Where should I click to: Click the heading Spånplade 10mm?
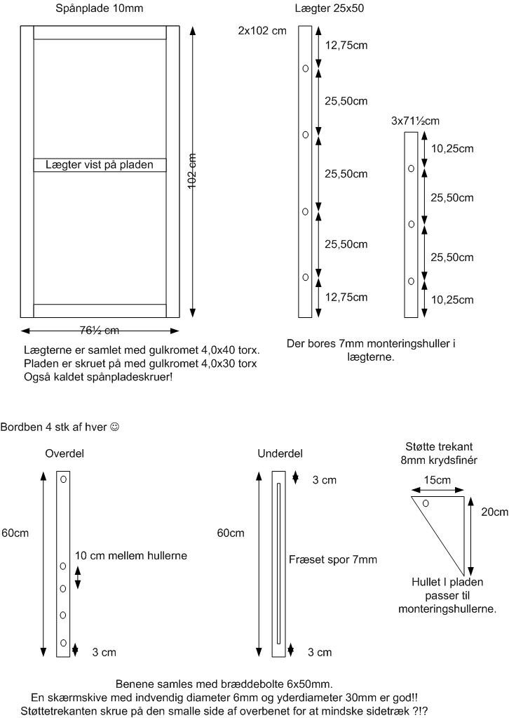tap(100, 8)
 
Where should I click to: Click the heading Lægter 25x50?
tap(330, 8)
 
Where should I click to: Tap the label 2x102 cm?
tap(262, 31)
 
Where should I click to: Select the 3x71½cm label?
tap(415, 121)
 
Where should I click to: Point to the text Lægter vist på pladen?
tap(100, 164)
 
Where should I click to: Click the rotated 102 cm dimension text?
tap(192, 171)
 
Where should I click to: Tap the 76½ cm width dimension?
tap(100, 330)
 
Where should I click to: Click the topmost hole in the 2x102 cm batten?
tap(306, 69)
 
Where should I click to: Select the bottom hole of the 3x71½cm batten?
tap(411, 281)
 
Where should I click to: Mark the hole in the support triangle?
tap(426, 504)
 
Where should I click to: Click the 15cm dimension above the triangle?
tap(437, 480)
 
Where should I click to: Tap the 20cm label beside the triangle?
tap(495, 512)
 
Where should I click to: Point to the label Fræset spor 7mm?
tap(333, 559)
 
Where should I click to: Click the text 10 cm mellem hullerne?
tap(131, 555)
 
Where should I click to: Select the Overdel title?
tap(65, 453)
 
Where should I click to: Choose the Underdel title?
tap(280, 453)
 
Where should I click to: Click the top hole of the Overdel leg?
tap(64, 479)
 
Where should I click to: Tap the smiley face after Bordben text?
tap(115, 427)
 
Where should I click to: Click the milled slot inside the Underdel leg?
tap(278, 563)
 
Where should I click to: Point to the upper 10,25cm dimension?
tap(452, 148)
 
